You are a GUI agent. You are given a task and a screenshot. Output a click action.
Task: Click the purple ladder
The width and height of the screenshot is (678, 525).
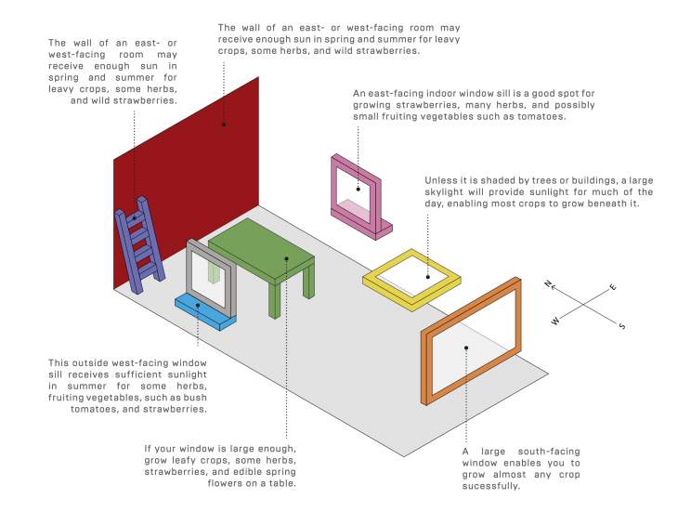coord(139,245)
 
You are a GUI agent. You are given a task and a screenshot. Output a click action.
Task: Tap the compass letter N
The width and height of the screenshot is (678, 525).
coord(548,283)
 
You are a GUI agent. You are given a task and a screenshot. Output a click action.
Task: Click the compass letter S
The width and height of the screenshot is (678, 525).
coord(621,325)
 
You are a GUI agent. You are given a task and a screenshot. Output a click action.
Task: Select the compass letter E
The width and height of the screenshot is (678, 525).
coord(612,287)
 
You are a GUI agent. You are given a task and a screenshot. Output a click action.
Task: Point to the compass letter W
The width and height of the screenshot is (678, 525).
coord(555,321)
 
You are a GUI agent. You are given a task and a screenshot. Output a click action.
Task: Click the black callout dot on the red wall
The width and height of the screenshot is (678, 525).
coord(224,125)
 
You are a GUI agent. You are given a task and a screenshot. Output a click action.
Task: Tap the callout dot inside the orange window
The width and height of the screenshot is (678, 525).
coord(466,348)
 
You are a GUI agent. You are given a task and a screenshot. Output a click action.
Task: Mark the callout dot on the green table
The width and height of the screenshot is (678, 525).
coord(286,258)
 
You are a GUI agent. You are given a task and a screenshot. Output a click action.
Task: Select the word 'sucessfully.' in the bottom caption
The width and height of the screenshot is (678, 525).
coord(490,486)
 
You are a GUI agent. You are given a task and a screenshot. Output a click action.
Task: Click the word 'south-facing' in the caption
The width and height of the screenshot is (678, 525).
coord(549,452)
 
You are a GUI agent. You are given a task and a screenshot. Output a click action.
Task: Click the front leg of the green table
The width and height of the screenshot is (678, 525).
coord(275,300)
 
